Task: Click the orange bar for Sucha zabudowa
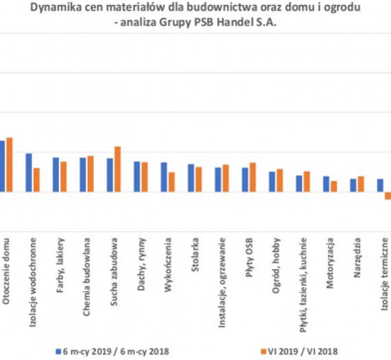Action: tap(117, 168)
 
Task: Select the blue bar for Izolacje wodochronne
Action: tap(29, 172)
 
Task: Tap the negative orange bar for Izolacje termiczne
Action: tap(388, 195)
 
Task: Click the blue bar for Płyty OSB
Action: tap(245, 179)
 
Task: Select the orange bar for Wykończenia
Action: tap(172, 182)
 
